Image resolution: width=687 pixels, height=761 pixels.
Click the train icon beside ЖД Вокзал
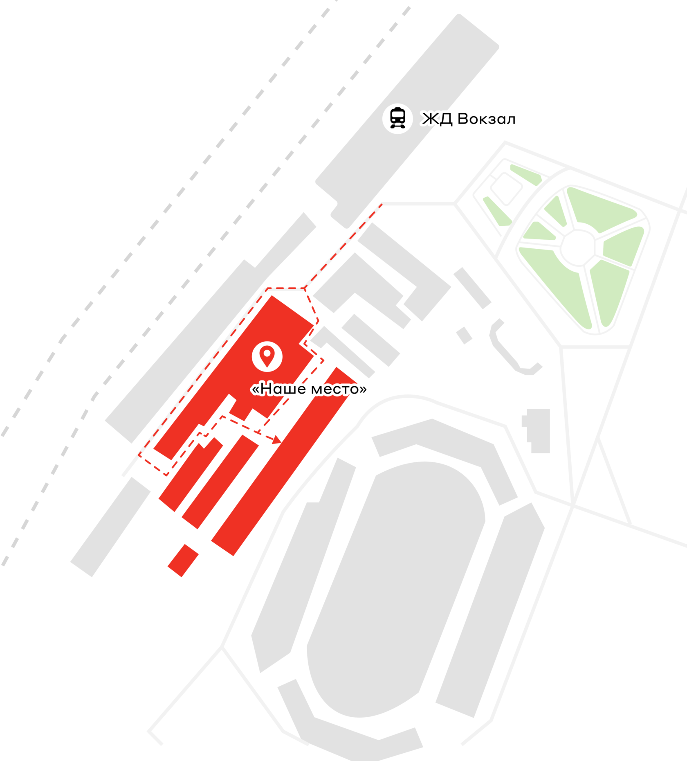(397, 118)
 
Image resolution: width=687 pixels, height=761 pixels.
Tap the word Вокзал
(486, 119)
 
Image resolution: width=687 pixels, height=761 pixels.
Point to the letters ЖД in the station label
(437, 119)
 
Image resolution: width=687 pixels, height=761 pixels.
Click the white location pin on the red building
(267, 356)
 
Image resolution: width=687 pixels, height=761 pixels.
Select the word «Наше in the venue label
(278, 389)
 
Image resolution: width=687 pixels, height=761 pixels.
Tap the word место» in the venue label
(339, 389)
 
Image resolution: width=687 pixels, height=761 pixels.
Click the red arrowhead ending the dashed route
(277, 440)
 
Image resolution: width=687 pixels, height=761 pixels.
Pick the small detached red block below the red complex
(183, 560)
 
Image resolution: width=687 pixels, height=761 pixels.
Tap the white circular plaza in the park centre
(577, 247)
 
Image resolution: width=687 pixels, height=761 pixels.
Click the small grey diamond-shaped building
(464, 335)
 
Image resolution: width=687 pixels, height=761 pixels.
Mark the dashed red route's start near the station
(381, 205)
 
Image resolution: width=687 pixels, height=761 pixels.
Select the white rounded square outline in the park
(506, 189)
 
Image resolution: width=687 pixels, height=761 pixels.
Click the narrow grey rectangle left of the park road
(472, 288)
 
